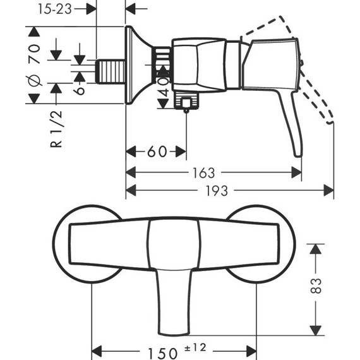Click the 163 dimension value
tap(205, 172)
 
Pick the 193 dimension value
tap(219, 191)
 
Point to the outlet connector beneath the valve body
tap(186, 101)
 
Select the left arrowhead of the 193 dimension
tap(129, 191)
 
